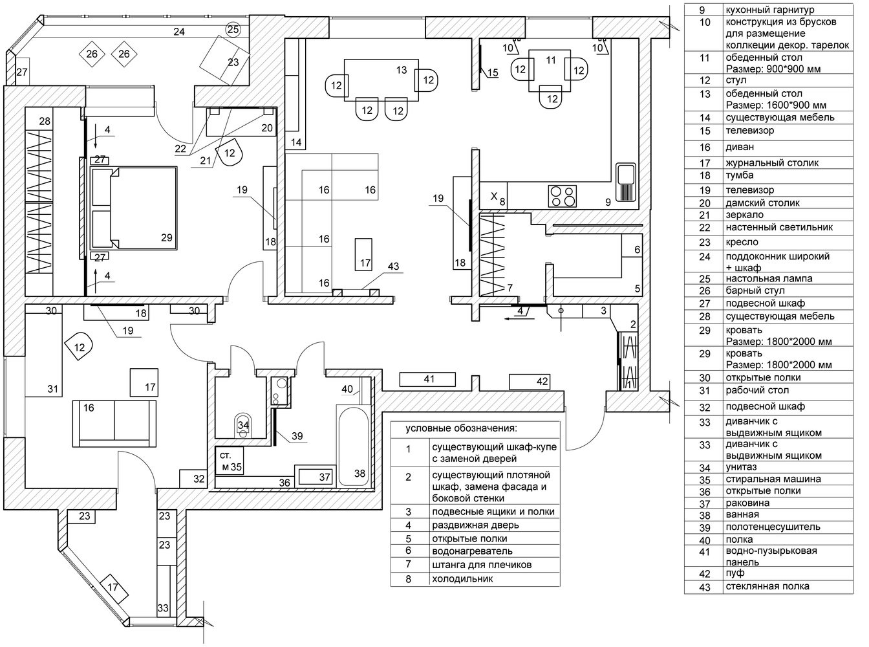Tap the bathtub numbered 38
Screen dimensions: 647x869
point(353,446)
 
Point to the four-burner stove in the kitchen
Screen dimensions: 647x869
point(562,195)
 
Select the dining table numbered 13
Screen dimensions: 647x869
point(378,78)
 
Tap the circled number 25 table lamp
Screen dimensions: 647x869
point(233,29)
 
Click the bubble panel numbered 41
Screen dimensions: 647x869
point(429,379)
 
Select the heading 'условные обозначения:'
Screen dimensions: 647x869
point(462,428)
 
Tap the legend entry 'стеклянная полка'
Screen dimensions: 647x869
point(767,586)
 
